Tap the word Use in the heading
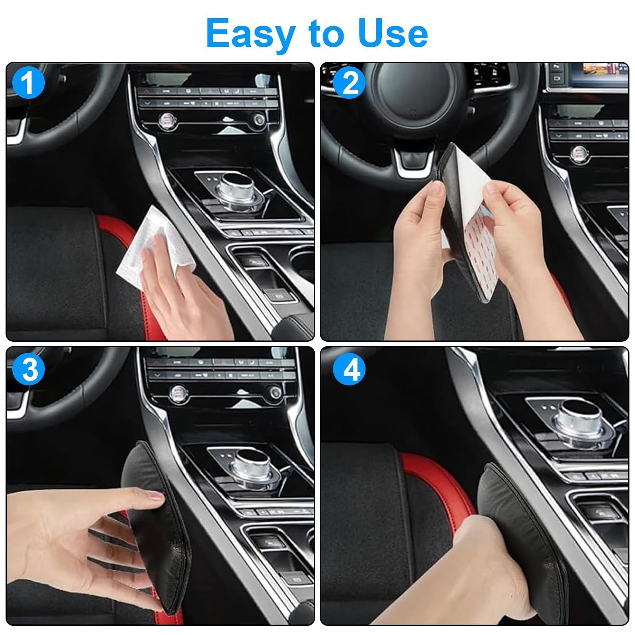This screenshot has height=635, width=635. tap(393, 33)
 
